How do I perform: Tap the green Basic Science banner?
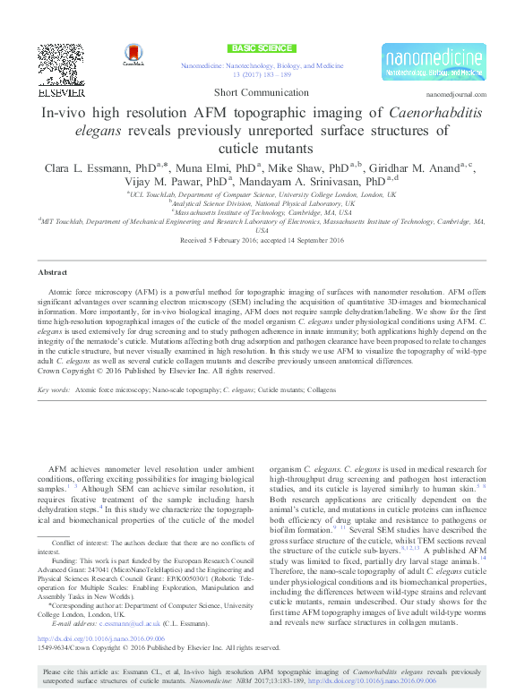(262, 47)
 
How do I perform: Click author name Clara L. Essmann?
(83, 167)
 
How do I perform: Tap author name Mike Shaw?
(301, 167)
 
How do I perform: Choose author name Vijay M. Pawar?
(152, 182)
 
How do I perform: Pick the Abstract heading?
(52, 271)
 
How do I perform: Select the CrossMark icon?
(133, 56)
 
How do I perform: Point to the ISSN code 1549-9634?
(53, 646)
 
